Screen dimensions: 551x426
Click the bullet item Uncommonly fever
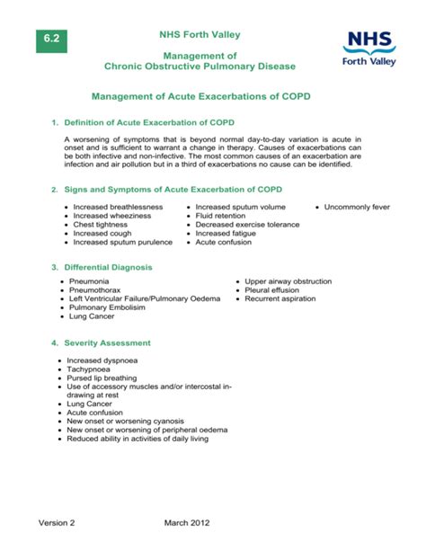[x=357, y=207]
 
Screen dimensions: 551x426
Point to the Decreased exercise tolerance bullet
[x=247, y=225]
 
